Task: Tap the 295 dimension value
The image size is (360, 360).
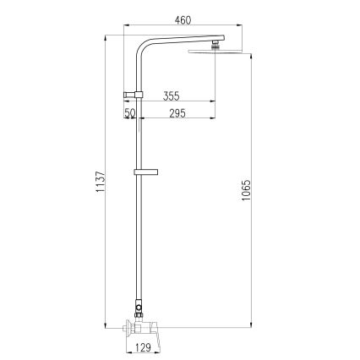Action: tap(177, 113)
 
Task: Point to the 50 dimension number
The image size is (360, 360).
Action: tap(129, 113)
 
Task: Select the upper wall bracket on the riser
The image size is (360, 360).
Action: tap(134, 91)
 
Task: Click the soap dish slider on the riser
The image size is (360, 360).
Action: tap(143, 174)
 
